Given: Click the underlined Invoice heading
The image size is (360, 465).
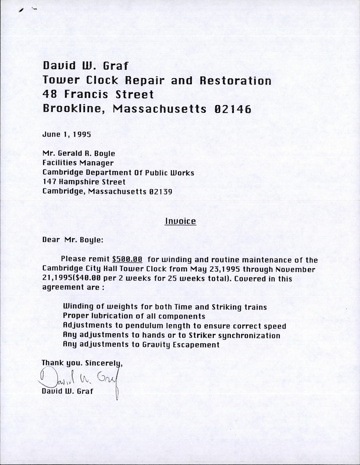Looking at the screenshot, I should point(180,221).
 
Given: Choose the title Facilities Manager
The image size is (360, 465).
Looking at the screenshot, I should point(78,163).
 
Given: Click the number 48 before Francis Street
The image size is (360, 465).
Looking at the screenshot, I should point(50,94).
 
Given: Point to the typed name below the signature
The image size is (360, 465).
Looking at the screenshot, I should point(67,391).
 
